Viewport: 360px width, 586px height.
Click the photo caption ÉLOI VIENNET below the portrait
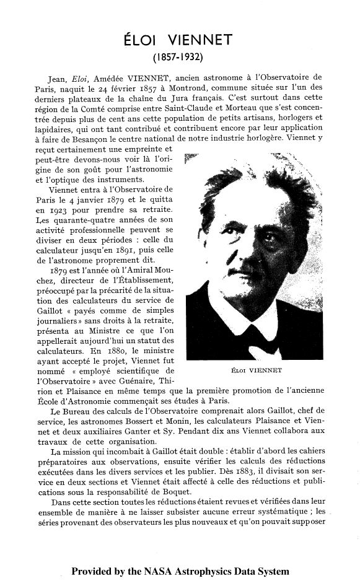[256, 370]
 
